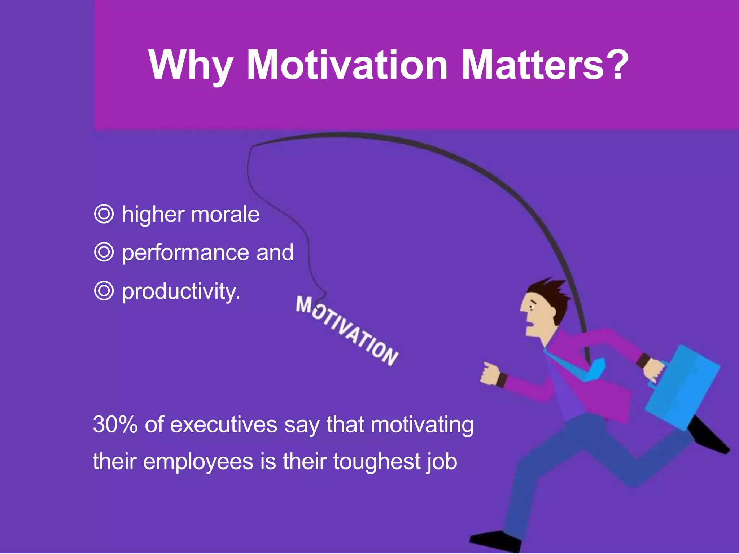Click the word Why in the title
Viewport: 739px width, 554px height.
click(191, 66)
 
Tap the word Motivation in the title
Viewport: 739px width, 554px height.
click(347, 66)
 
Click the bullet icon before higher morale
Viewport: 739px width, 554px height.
click(104, 214)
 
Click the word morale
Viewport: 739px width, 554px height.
click(225, 215)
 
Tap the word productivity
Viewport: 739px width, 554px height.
click(180, 291)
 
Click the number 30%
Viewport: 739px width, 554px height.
click(115, 425)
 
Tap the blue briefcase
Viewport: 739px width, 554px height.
click(682, 388)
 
